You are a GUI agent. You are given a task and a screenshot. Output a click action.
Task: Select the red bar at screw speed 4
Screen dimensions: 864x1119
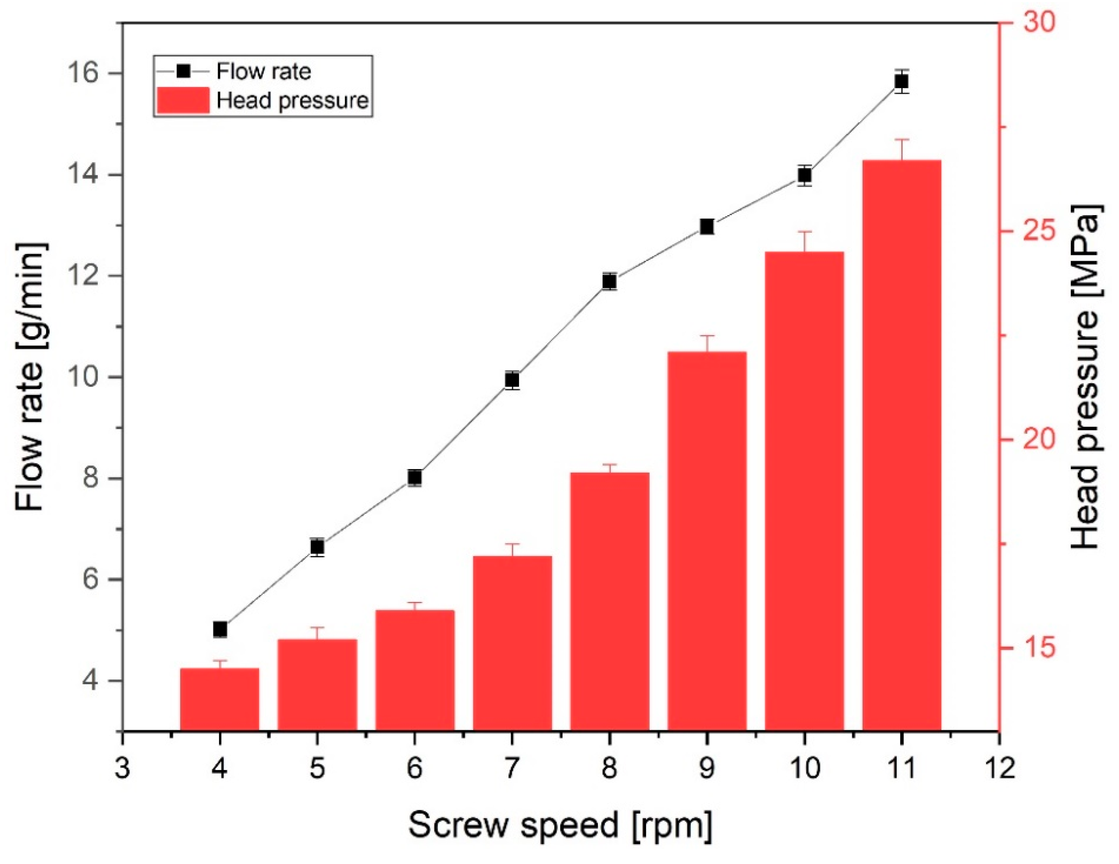click(x=220, y=699)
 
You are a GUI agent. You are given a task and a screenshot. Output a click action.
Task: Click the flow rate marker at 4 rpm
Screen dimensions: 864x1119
click(x=220, y=629)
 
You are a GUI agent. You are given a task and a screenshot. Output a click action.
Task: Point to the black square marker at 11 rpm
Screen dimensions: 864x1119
click(x=901, y=81)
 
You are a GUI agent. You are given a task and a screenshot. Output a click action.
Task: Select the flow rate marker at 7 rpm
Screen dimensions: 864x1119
click(x=512, y=380)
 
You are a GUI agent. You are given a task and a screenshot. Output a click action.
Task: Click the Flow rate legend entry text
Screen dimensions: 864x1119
click(x=263, y=71)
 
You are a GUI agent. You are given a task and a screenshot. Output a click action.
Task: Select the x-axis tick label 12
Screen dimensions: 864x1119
click(x=999, y=769)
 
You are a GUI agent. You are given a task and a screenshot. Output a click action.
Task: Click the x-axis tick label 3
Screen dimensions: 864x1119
click(x=122, y=769)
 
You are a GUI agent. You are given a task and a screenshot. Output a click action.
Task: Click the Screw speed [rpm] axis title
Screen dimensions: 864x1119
click(x=560, y=826)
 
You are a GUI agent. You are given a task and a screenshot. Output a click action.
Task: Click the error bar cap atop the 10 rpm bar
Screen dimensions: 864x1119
click(x=804, y=232)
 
